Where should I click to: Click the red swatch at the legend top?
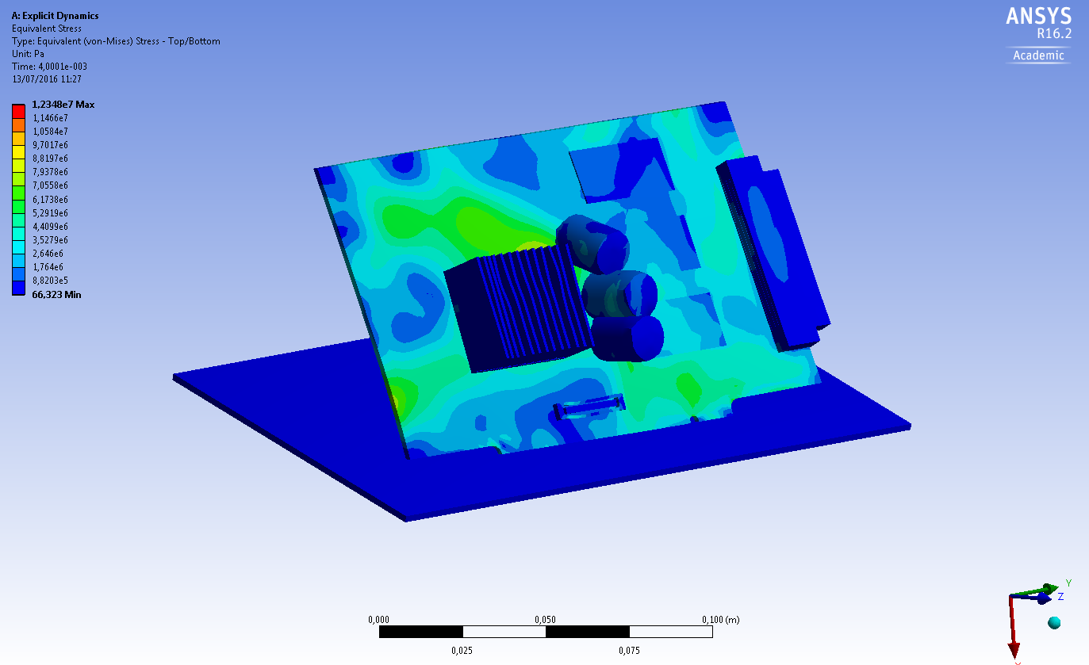[x=19, y=111]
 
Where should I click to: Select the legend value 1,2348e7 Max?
[x=63, y=105]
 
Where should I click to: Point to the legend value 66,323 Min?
[x=56, y=295]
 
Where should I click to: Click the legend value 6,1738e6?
[x=49, y=199]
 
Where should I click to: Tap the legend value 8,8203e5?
[x=49, y=281]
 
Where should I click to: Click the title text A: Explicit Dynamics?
[x=55, y=16]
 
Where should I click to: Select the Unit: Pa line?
[x=28, y=54]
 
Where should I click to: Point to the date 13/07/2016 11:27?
[x=47, y=79]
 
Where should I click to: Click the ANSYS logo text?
[x=1038, y=17]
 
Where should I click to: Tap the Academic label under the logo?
[x=1038, y=55]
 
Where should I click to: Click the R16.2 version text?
[x=1054, y=34]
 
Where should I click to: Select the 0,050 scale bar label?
[x=546, y=620]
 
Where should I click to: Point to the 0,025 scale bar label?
[x=462, y=651]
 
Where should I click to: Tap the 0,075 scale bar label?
[x=629, y=651]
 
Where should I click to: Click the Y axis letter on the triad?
[x=1068, y=583]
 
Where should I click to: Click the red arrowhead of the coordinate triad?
[x=1014, y=650]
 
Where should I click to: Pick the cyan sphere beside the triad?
[x=1054, y=622]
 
